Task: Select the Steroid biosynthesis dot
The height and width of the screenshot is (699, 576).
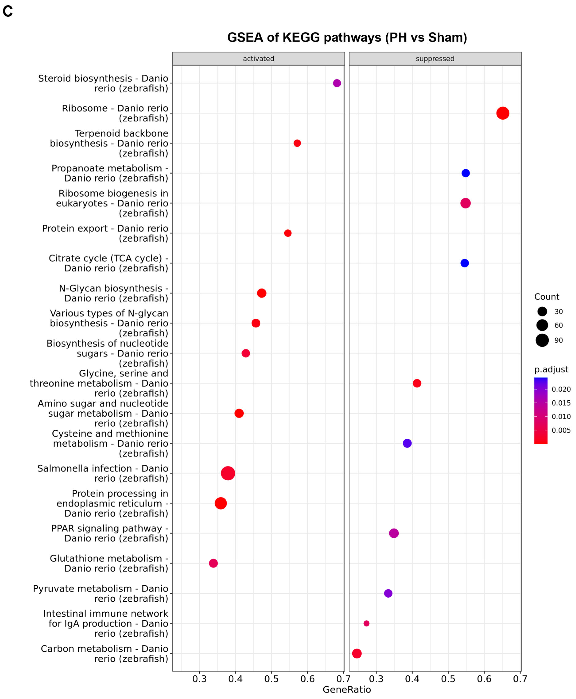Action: [337, 83]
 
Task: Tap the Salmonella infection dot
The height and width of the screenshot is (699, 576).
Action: [228, 473]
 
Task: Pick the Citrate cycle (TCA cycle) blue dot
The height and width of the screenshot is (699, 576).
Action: [465, 263]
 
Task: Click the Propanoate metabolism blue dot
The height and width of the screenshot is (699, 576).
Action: [465, 173]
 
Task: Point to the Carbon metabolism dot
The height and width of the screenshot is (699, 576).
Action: [357, 653]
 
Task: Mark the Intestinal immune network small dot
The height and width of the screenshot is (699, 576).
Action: [366, 623]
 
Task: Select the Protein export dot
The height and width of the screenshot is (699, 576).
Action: [288, 233]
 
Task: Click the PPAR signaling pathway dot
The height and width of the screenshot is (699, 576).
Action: [394, 533]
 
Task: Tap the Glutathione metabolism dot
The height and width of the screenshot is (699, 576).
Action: [213, 563]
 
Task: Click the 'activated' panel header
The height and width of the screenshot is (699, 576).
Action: [258, 59]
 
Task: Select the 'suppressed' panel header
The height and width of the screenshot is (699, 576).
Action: [435, 59]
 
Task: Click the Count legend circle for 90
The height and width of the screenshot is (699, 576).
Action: [542, 340]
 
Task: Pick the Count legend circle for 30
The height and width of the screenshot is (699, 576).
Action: [542, 311]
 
